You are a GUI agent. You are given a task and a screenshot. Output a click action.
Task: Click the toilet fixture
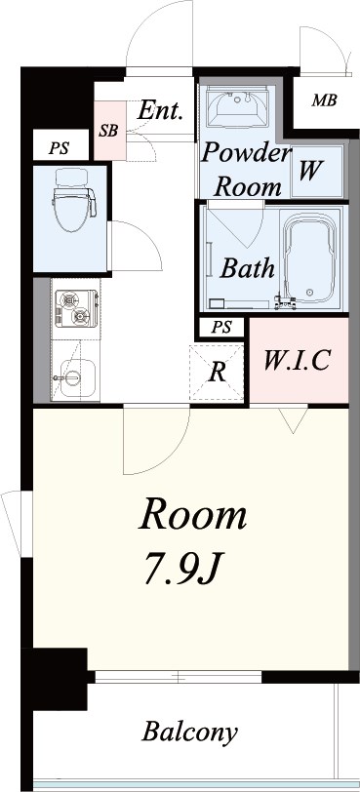[74, 200]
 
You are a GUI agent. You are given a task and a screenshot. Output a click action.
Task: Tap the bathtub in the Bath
[309, 257]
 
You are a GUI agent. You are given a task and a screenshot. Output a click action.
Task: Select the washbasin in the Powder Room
[237, 105]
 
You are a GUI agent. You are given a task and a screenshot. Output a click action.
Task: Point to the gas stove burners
[76, 308]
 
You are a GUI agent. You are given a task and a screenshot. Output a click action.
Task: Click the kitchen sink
[74, 377]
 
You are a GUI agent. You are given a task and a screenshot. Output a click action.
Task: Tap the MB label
[324, 101]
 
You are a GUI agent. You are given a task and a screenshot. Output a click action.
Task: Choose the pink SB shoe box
[109, 131]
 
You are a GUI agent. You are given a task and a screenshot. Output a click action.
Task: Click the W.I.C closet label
[298, 360]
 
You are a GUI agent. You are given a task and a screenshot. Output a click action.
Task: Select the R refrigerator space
[218, 373]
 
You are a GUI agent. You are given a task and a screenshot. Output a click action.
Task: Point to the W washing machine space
[316, 172]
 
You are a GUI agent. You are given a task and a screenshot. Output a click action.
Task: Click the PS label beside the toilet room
[59, 149]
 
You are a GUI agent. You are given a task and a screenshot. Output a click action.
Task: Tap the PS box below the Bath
[221, 328]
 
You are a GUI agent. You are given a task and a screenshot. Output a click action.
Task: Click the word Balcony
[190, 733]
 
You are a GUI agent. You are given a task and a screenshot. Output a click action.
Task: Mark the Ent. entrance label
[159, 110]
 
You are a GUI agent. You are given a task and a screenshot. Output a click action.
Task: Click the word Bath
[248, 268]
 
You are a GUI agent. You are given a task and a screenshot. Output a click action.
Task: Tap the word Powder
[246, 153]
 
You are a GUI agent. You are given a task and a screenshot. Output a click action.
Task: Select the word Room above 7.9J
[193, 516]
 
